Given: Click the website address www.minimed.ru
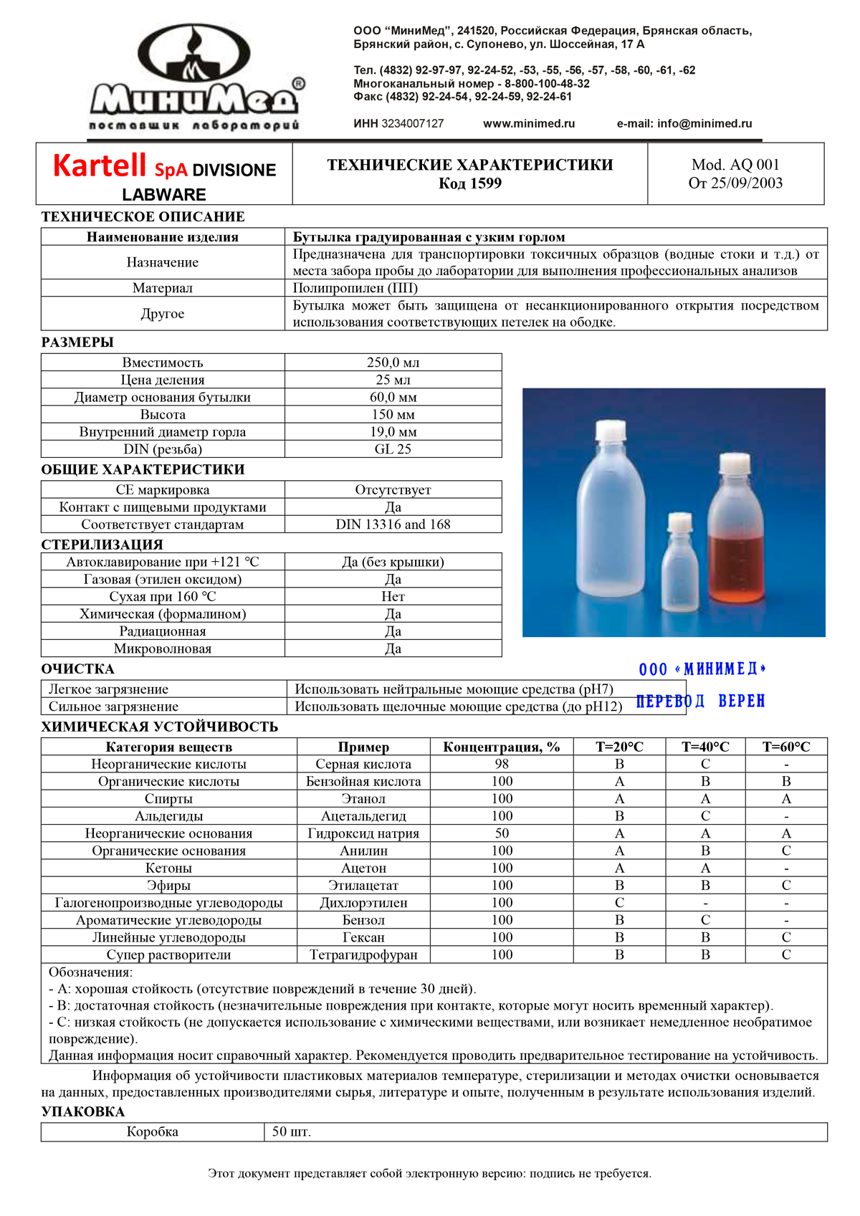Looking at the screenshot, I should coord(529,123).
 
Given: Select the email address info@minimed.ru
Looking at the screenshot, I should coord(704,123).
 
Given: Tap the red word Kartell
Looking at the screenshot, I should coord(100,166).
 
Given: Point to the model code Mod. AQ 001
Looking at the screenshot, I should coord(735,165).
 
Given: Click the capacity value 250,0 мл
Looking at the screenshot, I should coord(393,363).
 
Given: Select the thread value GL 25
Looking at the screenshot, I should coord(393,449).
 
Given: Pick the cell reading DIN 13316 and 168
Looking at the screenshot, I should coord(393,525).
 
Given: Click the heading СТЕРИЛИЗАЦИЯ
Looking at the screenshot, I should coord(102,545).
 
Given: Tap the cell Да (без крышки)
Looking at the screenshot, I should coord(393,562).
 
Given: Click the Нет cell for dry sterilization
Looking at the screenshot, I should coord(393,597).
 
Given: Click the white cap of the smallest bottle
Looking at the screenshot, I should coord(679,522).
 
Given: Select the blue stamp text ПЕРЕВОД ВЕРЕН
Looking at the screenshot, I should coord(700,701).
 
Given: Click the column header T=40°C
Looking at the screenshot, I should coord(705,747).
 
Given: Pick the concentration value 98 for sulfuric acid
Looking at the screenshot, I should coord(502,764).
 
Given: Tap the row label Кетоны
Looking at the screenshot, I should coord(168,868).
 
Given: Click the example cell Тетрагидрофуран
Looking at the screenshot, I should coord(363,954).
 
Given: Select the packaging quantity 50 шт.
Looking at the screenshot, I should coord(291,1132).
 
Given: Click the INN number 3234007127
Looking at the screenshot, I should coord(412,123).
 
